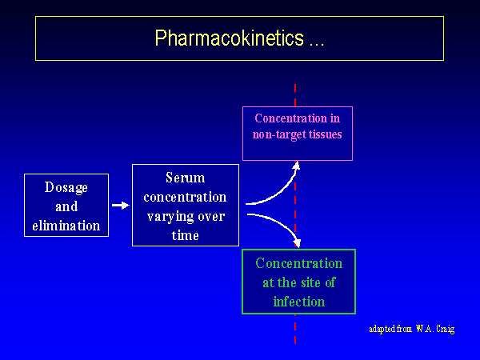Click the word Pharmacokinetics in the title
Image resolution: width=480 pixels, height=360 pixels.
coord(227,38)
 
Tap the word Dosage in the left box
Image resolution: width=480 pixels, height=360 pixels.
coord(66,187)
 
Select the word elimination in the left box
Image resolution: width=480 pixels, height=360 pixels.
coord(66,226)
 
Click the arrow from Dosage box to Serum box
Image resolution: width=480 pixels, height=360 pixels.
coord(120,206)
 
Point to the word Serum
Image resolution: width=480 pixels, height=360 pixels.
coord(186,178)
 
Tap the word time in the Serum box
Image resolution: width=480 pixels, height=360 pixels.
coord(186,235)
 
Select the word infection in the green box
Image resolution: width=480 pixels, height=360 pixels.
coord(299,302)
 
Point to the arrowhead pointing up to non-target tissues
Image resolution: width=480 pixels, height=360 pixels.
coord(296,165)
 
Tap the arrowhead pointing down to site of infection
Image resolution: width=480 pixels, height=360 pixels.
coord(297,242)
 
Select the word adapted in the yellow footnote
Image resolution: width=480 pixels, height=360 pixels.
coord(384,329)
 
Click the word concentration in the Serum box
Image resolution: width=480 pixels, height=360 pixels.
coord(186,197)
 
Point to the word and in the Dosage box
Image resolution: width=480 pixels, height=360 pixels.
coord(66,206)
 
